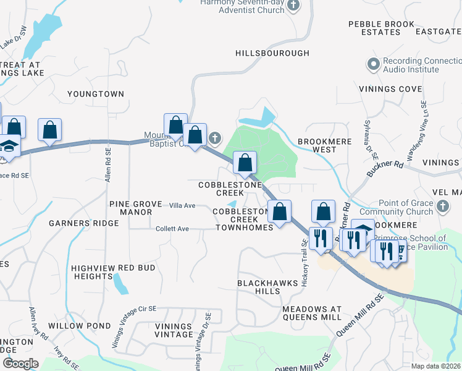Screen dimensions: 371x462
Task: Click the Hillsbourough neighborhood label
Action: click(272, 53)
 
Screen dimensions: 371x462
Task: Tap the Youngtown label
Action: click(96, 94)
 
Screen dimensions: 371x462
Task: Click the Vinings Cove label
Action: click(390, 89)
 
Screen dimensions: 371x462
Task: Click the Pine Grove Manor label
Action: click(130, 208)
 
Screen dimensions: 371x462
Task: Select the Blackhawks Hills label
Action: click(263, 287)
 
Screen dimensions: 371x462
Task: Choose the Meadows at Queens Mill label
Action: click(311, 313)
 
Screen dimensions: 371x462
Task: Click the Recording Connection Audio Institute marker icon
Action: click(373, 64)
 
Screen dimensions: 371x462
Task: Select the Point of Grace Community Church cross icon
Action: click(442, 206)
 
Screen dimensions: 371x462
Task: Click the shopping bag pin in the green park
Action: click(245, 163)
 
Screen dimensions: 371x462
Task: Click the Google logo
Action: click(20, 364)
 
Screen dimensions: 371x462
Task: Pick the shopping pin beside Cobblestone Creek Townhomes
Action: click(280, 211)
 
